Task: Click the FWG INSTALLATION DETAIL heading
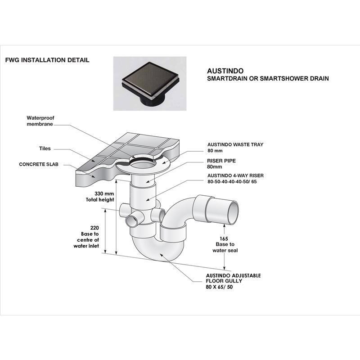[x=47, y=60]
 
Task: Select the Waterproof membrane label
[x=41, y=121]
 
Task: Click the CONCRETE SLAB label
[x=39, y=165]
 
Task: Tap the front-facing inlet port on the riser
[x=132, y=221]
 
